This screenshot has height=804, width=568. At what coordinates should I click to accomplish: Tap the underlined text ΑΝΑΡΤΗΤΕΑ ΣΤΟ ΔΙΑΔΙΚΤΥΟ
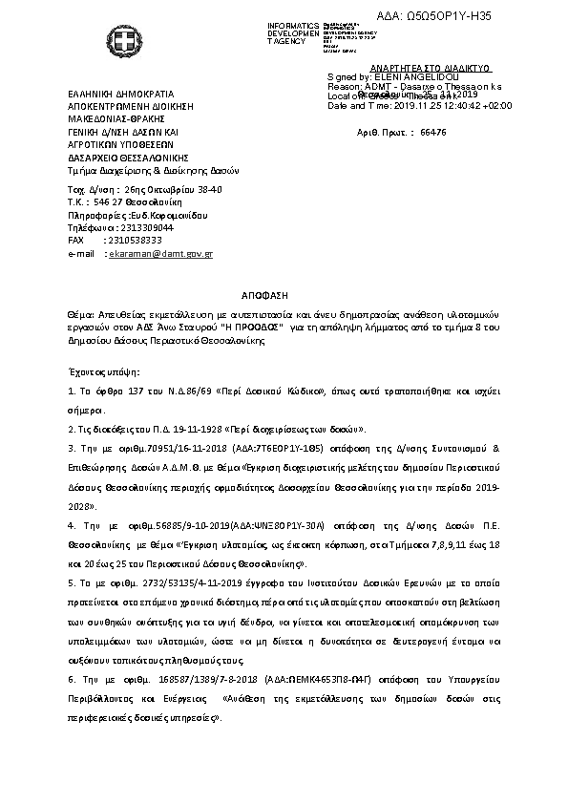point(416,70)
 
